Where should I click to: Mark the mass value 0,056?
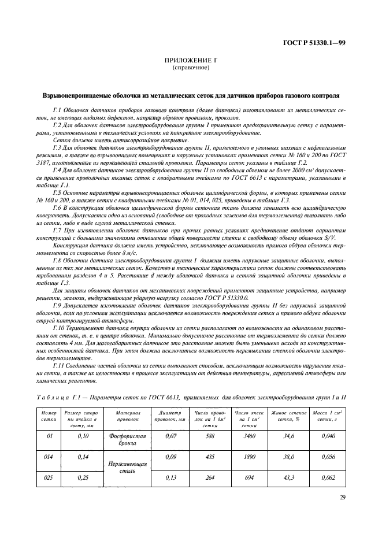327,456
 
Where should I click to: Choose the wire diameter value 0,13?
170,479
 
